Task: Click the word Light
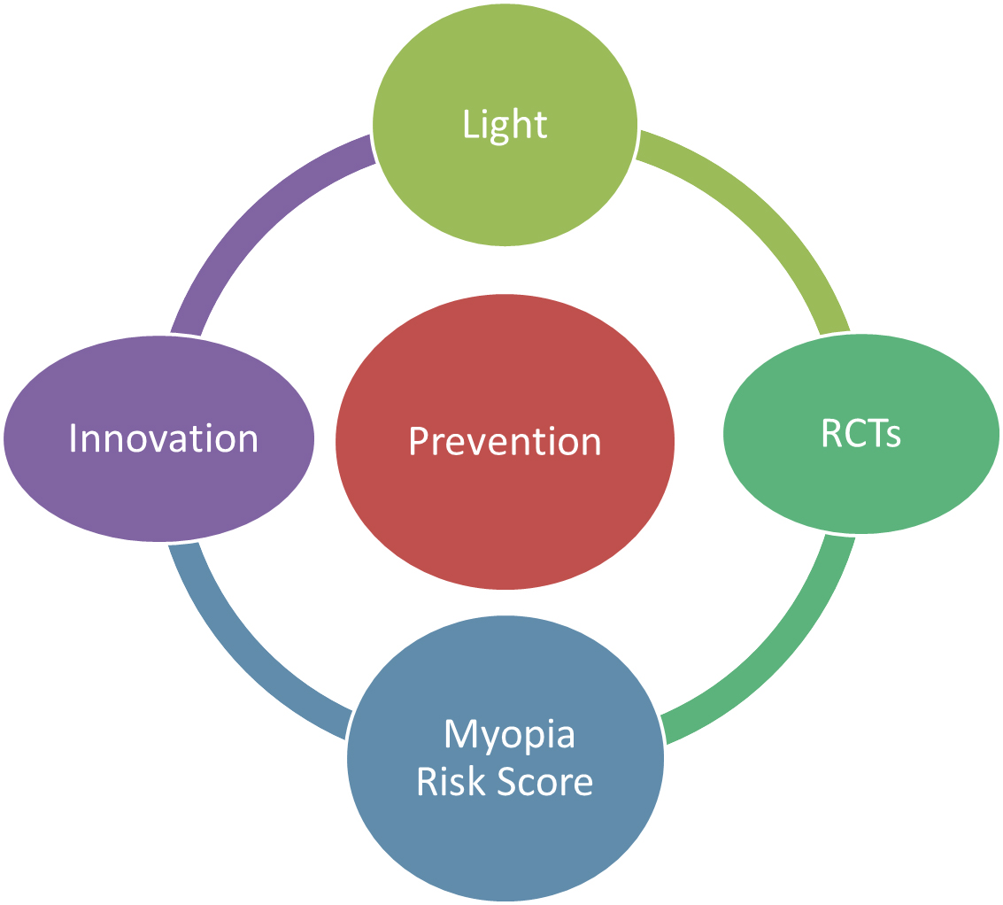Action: pyautogui.click(x=505, y=125)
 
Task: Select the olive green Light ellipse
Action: pyautogui.click(x=505, y=124)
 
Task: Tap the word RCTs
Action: pyautogui.click(x=861, y=433)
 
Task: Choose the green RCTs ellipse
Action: pyautogui.click(x=861, y=433)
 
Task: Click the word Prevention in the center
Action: pyautogui.click(x=505, y=442)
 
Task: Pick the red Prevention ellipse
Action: pyautogui.click(x=505, y=442)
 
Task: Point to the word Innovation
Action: pyautogui.click(x=163, y=438)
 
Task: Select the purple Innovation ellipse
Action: pyautogui.click(x=159, y=438)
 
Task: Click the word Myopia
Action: pyautogui.click(x=509, y=735)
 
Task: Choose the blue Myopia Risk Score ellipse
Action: pyautogui.click(x=505, y=758)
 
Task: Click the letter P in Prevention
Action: pyautogui.click(x=419, y=441)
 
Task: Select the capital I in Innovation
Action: pyautogui.click(x=73, y=437)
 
